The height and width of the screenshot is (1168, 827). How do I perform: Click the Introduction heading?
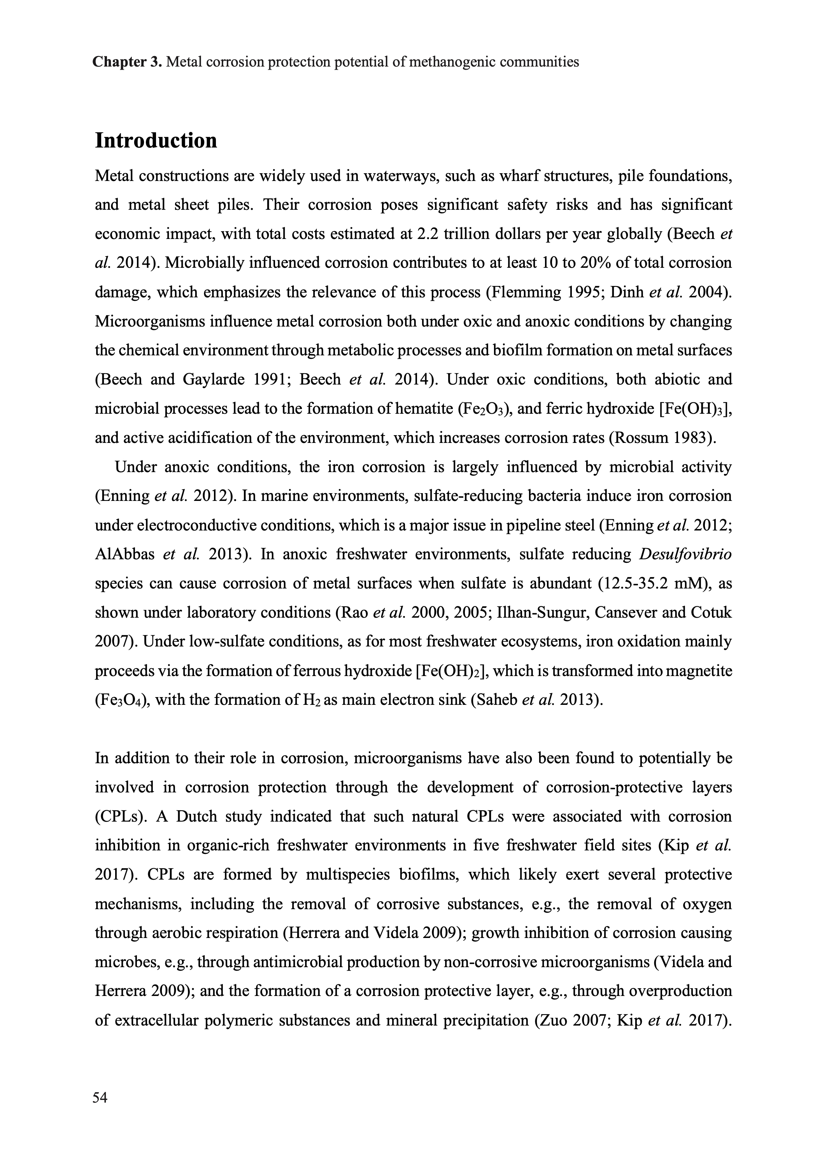click(156, 141)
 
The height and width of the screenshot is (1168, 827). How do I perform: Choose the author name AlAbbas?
click(125, 554)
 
